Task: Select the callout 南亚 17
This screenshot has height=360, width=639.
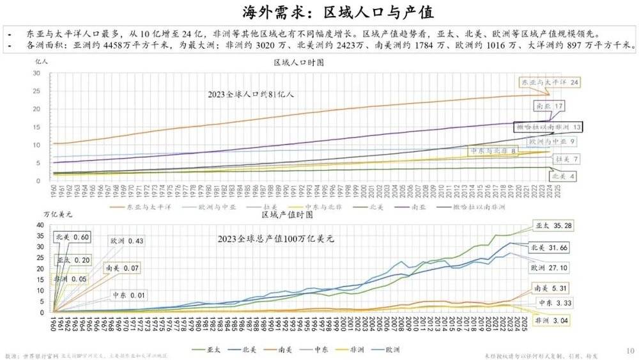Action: (x=550, y=106)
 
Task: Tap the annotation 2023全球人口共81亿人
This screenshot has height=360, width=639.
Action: (x=250, y=94)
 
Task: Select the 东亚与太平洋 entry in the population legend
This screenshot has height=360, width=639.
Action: (x=141, y=207)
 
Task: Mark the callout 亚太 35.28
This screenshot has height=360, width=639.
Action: (x=555, y=226)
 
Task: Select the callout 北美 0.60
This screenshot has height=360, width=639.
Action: (x=72, y=237)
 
